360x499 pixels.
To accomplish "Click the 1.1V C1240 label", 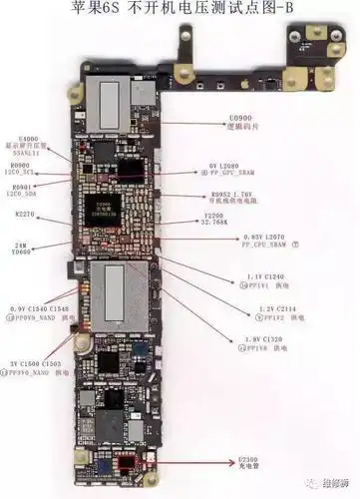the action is click(268, 274).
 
